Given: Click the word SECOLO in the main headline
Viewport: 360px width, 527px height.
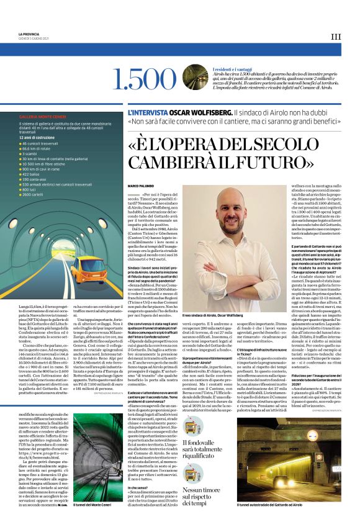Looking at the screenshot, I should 298,145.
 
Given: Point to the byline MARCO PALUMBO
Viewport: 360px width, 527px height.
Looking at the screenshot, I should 140,186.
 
